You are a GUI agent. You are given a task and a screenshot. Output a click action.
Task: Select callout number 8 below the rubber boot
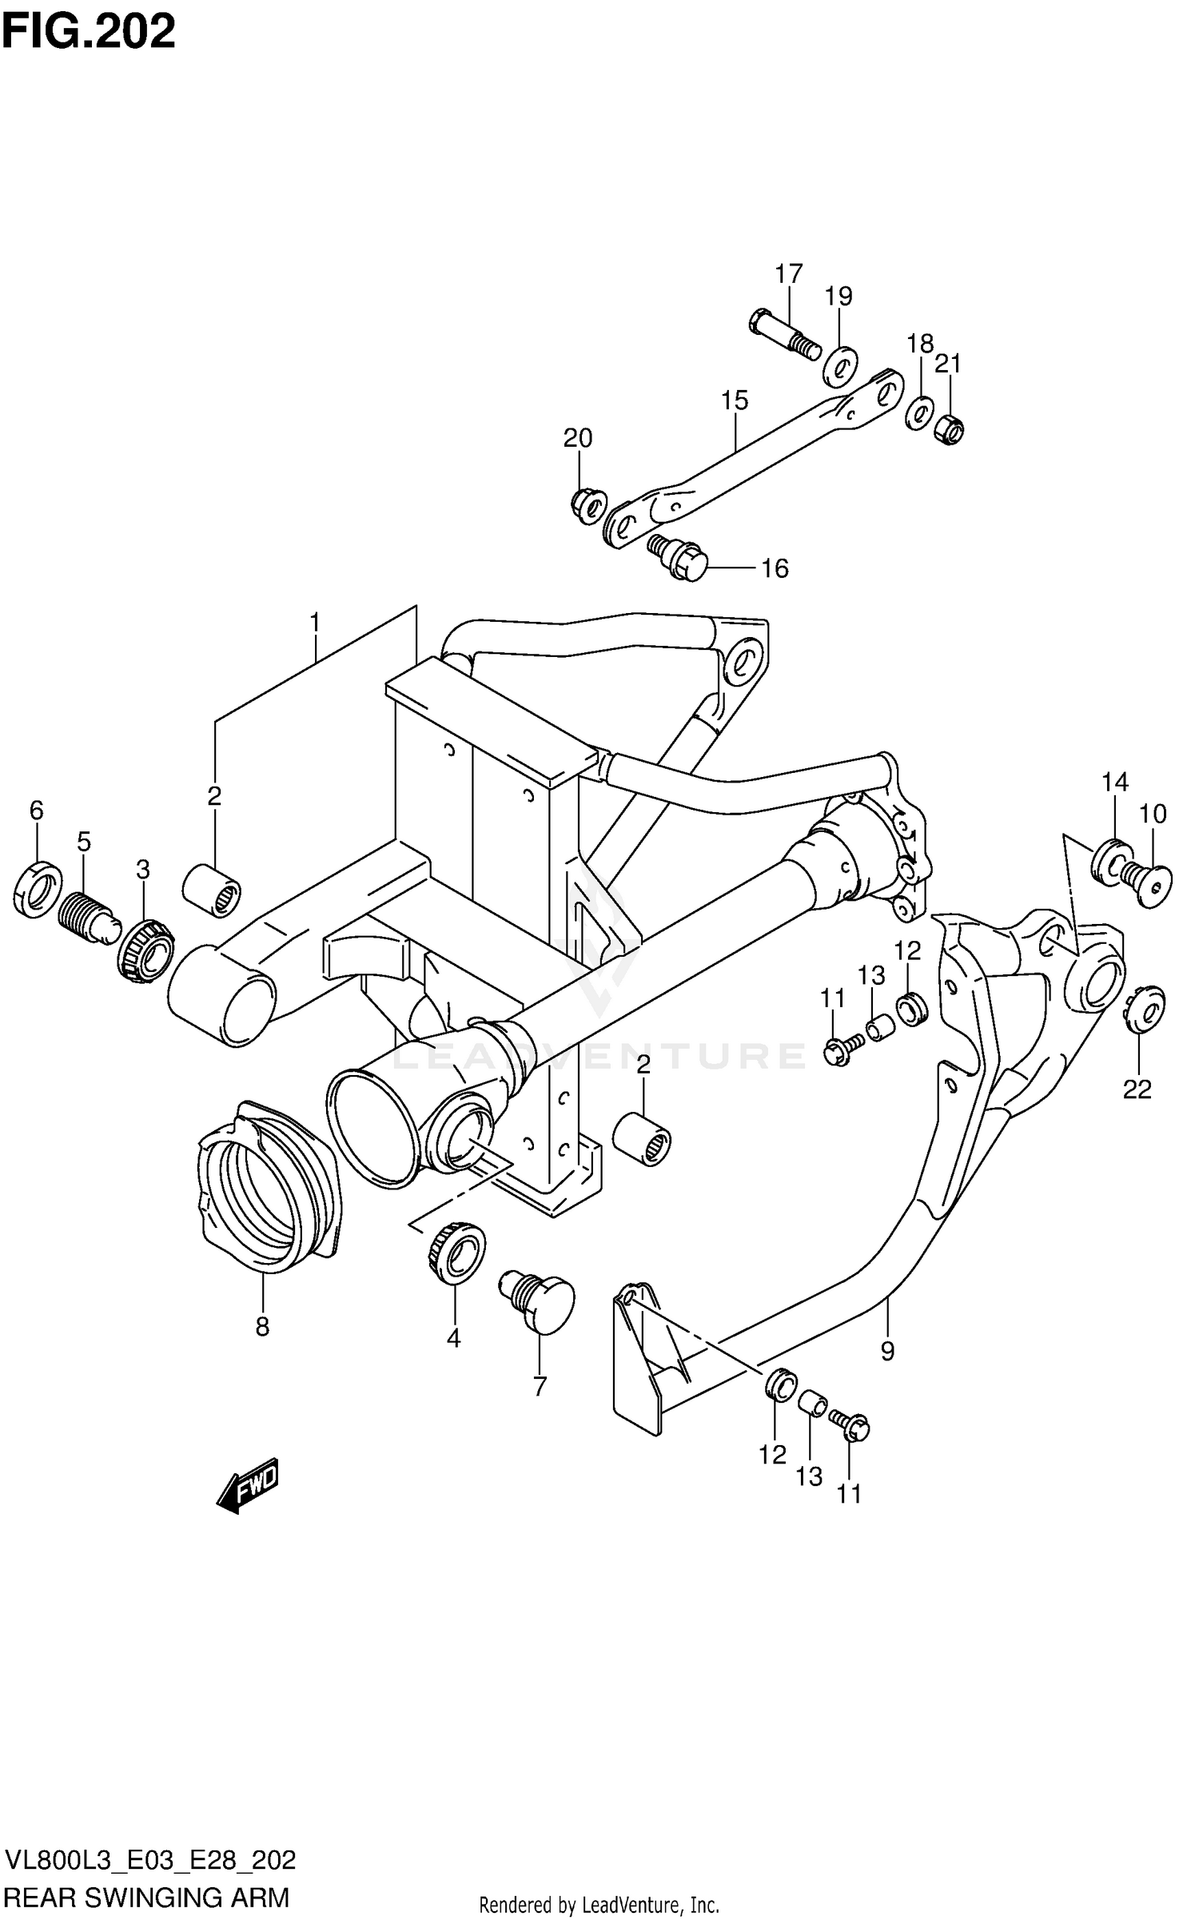(x=262, y=1328)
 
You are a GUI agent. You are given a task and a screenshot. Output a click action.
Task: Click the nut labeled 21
(x=949, y=428)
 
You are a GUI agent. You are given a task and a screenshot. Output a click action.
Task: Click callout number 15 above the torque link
(x=735, y=400)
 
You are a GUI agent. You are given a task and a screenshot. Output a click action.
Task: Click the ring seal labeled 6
(x=38, y=888)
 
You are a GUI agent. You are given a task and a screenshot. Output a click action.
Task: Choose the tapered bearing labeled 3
(x=145, y=950)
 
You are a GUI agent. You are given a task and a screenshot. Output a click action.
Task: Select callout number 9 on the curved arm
(x=887, y=1352)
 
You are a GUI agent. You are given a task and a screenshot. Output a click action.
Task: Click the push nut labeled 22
(x=1145, y=1011)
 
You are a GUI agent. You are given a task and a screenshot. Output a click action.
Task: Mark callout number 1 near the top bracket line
(x=315, y=622)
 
